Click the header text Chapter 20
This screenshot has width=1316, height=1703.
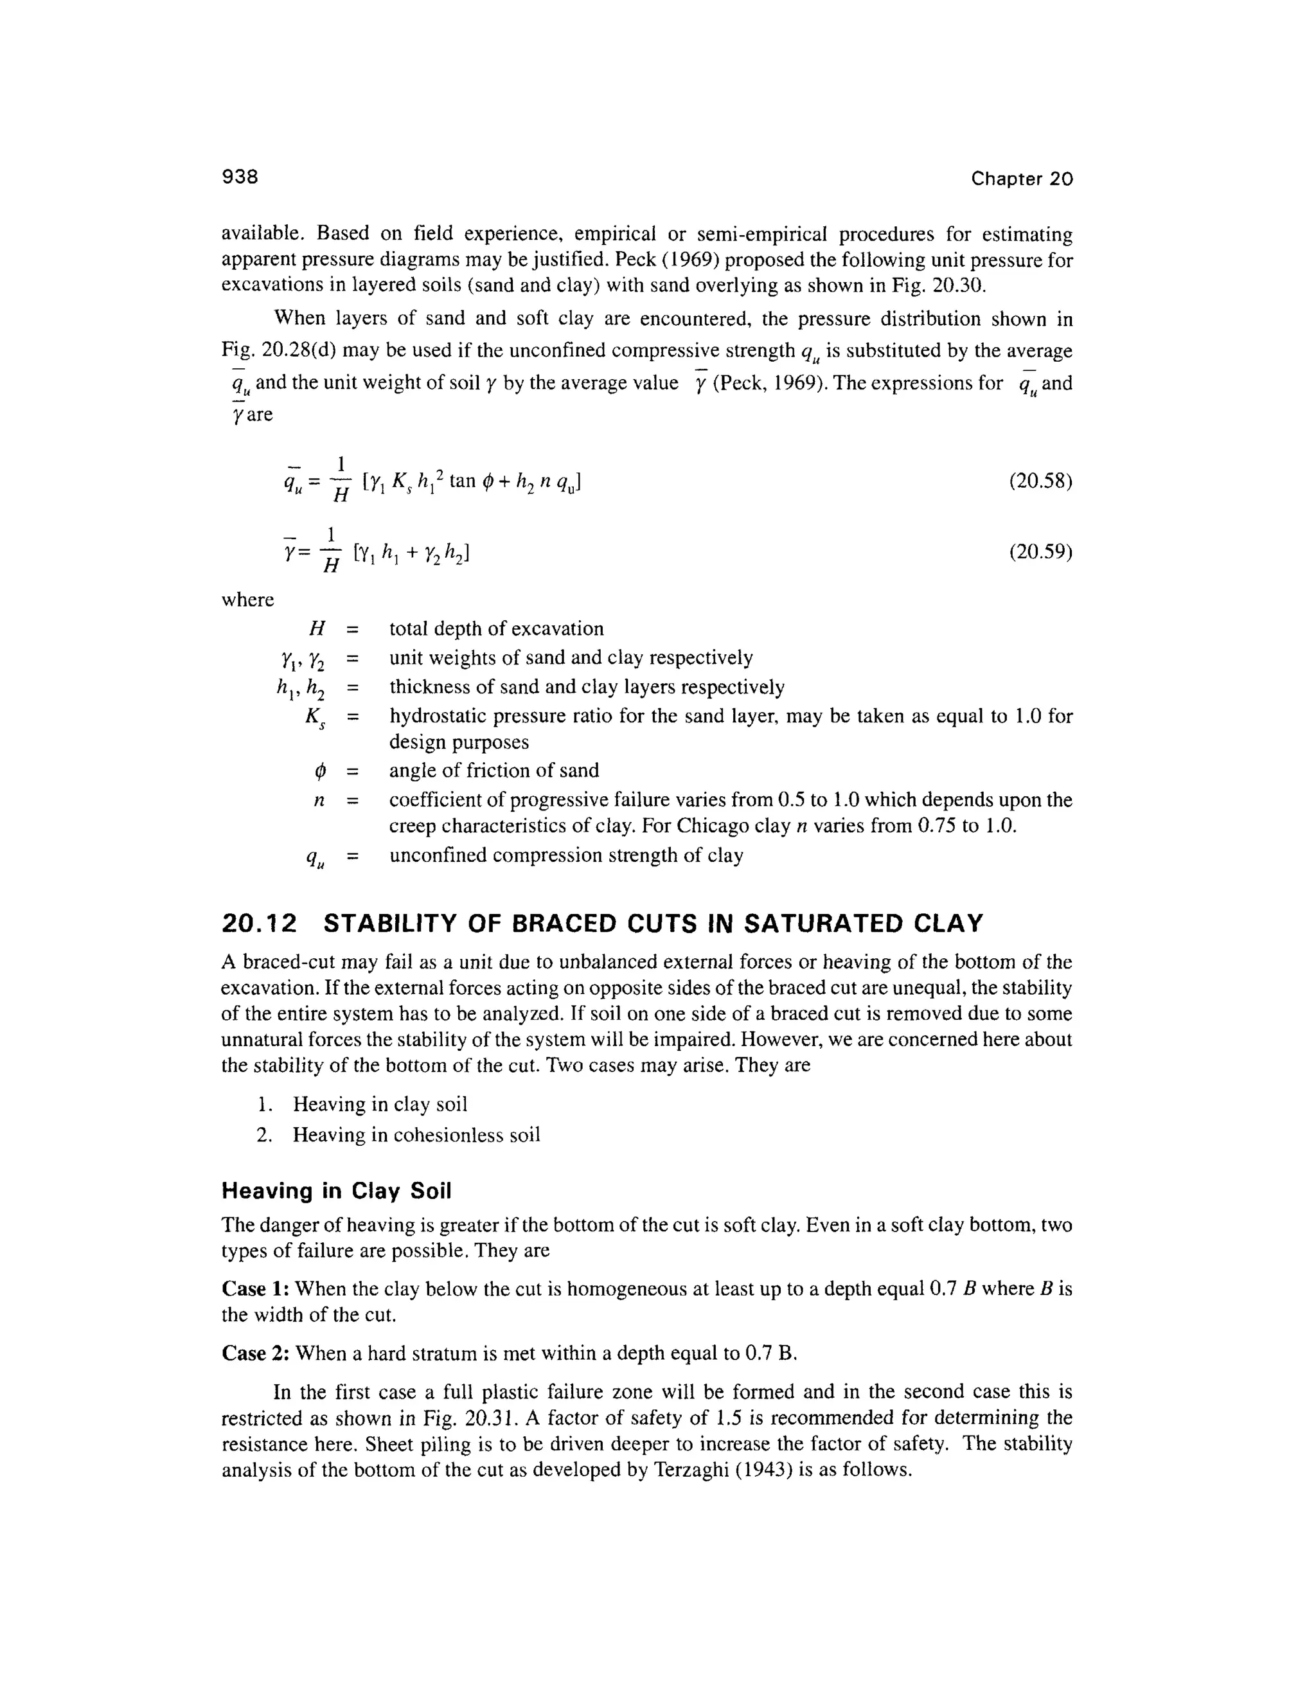pyautogui.click(x=1021, y=179)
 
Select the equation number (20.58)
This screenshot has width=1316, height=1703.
pyautogui.click(x=1041, y=481)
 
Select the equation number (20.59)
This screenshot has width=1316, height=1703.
pyautogui.click(x=1041, y=552)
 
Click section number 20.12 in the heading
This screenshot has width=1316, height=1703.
pyautogui.click(x=260, y=924)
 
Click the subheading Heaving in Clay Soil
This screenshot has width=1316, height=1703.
pyautogui.click(x=336, y=1191)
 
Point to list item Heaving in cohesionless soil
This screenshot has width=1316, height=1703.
pyautogui.click(x=416, y=1134)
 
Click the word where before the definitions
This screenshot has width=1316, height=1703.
pyautogui.click(x=248, y=600)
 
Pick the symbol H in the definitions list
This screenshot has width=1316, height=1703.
pyautogui.click(x=317, y=629)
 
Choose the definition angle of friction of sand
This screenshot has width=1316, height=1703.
pyautogui.click(x=494, y=771)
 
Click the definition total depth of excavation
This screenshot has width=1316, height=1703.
pyautogui.click(x=497, y=629)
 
